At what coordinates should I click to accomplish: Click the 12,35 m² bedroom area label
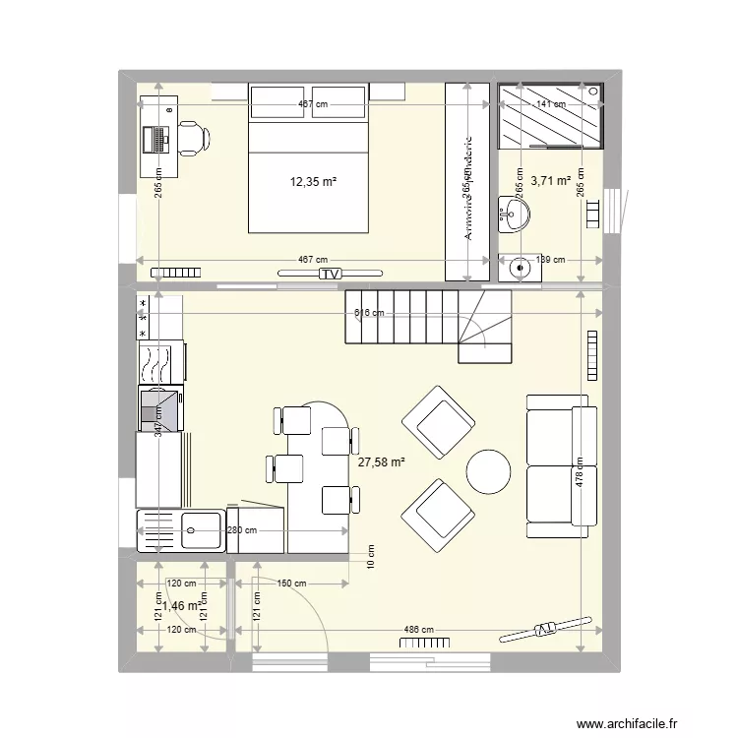pos(312,181)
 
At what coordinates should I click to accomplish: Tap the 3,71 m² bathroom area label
pos(551,181)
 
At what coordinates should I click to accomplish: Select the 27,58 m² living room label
pos(382,461)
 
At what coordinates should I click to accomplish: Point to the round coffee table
pos(488,471)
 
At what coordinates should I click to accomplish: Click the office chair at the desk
pos(193,138)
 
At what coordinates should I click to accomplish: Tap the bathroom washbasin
pos(513,213)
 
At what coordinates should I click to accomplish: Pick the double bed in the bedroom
pos(308,159)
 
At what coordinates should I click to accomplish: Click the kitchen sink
pos(192,531)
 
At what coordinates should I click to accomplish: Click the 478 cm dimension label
pos(580,477)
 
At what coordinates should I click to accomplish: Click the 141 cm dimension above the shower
pos(550,103)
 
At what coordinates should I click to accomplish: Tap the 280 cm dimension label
pos(242,531)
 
